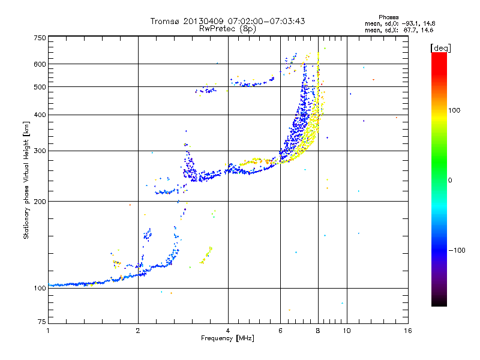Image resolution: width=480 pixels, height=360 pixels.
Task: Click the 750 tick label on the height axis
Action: point(40,38)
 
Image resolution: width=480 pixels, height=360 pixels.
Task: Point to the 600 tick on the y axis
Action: point(40,64)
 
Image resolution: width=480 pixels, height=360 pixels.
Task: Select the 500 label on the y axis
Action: point(40,87)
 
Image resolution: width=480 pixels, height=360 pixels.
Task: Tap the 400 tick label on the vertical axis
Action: point(40,115)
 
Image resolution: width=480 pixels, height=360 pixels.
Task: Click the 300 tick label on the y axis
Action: point(40,151)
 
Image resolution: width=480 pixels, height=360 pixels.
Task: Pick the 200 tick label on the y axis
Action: point(40,201)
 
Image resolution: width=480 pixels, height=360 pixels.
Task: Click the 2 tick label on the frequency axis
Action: point(138,331)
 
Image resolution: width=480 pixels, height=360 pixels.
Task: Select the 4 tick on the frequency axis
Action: point(228,331)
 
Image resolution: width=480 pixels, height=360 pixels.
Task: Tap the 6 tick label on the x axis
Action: point(281,331)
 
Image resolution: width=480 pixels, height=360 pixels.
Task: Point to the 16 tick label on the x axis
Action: point(407,331)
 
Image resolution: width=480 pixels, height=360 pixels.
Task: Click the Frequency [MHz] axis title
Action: point(227,338)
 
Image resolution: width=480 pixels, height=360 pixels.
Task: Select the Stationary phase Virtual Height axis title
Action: point(26,180)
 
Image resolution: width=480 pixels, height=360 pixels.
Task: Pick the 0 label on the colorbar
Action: point(450,180)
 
